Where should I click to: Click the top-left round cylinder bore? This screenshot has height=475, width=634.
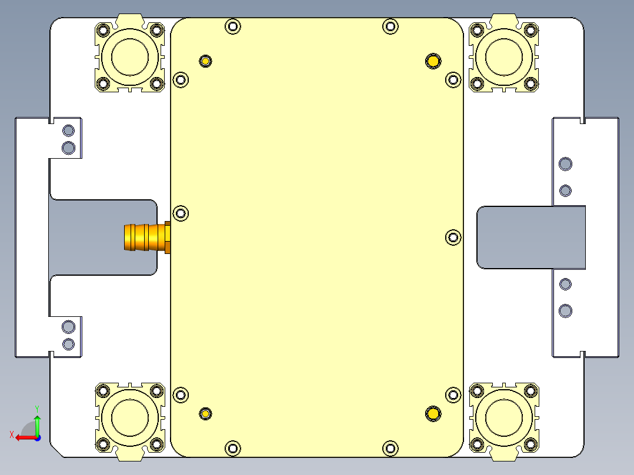129,57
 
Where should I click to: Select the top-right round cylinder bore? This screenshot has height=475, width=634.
503,57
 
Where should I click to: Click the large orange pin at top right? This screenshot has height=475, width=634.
433,61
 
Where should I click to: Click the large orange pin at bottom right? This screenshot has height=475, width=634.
433,414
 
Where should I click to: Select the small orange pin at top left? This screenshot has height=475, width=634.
205,61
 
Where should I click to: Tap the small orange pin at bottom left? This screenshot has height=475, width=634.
205,414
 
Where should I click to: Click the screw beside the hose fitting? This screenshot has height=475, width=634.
181,213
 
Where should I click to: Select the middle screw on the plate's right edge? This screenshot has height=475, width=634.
453,237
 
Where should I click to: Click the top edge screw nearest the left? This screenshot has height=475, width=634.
233,26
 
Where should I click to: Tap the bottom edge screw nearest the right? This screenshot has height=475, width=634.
390,449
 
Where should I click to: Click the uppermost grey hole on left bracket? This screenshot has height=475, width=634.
68,131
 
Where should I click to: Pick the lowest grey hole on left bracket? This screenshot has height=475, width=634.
68,344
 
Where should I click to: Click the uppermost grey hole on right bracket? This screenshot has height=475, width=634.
565,163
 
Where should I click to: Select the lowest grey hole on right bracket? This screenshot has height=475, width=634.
565,310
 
